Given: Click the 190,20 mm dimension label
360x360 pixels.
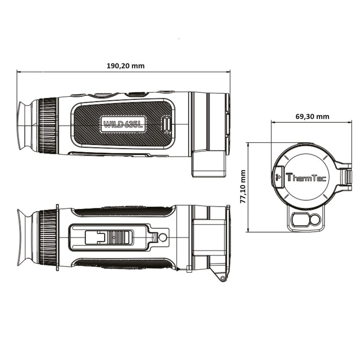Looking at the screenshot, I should tap(126, 66).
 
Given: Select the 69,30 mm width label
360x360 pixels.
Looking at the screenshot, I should tap(312, 117).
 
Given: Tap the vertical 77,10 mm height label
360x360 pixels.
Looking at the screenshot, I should tap(243, 187).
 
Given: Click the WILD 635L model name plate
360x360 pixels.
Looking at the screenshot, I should tap(123, 124).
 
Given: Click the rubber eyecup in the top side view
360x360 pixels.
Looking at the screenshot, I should tap(27, 125).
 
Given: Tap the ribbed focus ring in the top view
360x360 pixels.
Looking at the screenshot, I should tap(48, 126).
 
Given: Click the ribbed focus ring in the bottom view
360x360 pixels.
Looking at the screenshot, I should tap(48, 237).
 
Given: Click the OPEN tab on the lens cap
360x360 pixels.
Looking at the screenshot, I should tap(278, 176).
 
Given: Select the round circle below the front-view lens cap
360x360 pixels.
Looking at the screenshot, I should tap(315, 220).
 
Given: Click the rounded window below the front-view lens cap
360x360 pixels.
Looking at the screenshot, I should tap(298, 220).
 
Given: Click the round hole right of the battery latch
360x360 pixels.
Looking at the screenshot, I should tap(163, 236).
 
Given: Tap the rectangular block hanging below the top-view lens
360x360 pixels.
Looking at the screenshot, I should tap(209, 163).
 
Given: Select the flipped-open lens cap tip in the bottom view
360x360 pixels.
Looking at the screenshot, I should tap(220, 274).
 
